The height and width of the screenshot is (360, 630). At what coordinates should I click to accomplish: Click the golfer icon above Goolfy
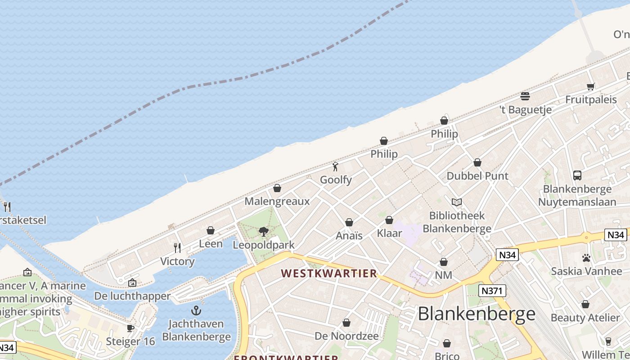pyautogui.click(x=335, y=167)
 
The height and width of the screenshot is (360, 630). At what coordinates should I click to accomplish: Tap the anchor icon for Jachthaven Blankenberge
pyautogui.click(x=196, y=310)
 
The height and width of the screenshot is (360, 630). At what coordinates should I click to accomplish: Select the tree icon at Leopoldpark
pyautogui.click(x=264, y=232)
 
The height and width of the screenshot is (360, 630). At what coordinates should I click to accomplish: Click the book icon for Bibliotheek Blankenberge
pyautogui.click(x=457, y=202)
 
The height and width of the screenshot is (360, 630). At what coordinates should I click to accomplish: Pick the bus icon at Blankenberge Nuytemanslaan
pyautogui.click(x=577, y=175)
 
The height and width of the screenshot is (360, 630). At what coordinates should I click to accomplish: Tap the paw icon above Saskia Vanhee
pyautogui.click(x=586, y=258)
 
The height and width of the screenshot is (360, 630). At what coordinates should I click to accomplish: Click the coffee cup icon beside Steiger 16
pyautogui.click(x=130, y=328)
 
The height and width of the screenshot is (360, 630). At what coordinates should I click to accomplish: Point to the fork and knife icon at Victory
pyautogui.click(x=177, y=248)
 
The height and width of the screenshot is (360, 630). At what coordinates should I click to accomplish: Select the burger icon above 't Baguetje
pyautogui.click(x=525, y=96)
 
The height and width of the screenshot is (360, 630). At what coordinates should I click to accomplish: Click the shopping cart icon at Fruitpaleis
pyautogui.click(x=591, y=86)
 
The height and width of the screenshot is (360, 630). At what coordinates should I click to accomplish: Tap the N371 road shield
pyautogui.click(x=492, y=291)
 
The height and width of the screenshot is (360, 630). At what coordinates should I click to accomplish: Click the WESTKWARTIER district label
pyautogui.click(x=329, y=274)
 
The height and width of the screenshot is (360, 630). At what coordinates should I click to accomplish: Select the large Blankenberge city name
pyautogui.click(x=477, y=314)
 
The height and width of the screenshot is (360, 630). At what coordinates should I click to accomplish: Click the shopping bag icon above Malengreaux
pyautogui.click(x=277, y=188)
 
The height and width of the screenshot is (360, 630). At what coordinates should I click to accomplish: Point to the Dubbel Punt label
pyautogui.click(x=477, y=176)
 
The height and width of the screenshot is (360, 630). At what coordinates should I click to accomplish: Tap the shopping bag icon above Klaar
pyautogui.click(x=389, y=220)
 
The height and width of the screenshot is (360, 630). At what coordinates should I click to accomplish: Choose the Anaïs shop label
pyautogui.click(x=349, y=235)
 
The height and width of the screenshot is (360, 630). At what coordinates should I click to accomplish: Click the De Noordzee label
pyautogui.click(x=346, y=336)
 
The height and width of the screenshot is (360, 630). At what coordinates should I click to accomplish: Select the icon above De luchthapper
pyautogui.click(x=132, y=283)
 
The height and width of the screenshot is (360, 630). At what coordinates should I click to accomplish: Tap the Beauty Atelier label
pyautogui.click(x=585, y=318)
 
